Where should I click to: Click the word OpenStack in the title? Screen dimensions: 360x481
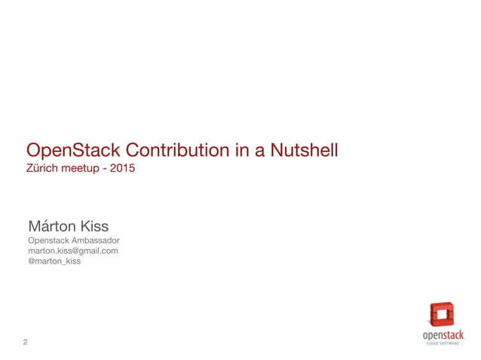point(72,150)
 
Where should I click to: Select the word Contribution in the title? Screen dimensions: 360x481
point(175,150)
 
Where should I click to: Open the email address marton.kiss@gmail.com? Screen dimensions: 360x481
point(72,251)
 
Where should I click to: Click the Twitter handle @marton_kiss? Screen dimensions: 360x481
point(54,261)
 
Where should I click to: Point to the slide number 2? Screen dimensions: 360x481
point(26,343)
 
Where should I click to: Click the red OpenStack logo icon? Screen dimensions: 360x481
point(441,314)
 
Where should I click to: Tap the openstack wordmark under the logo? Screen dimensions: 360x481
point(443,334)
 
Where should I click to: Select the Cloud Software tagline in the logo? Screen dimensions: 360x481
point(443,343)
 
